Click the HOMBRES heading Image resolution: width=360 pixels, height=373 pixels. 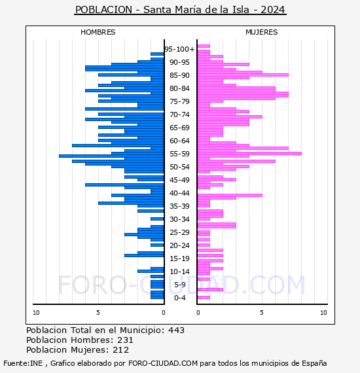pyautogui.click(x=98, y=32)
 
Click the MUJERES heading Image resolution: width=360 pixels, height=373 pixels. pyautogui.click(x=262, y=32)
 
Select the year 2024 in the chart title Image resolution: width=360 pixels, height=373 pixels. pyautogui.click(x=273, y=10)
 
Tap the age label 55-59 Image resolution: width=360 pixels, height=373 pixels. pyautogui.click(x=179, y=154)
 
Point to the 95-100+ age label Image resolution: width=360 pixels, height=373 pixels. pyautogui.click(x=179, y=49)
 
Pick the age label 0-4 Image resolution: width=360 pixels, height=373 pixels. pyautogui.click(x=180, y=298)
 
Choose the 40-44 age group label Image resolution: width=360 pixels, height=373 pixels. pyautogui.click(x=179, y=193)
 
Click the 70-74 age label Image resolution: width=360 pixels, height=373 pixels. pyautogui.click(x=179, y=115)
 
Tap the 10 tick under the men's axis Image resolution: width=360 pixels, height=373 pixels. pyautogui.click(x=36, y=313)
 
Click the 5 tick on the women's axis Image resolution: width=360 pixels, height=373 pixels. pyautogui.click(x=262, y=313)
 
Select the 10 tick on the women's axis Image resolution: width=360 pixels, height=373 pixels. pyautogui.click(x=323, y=313)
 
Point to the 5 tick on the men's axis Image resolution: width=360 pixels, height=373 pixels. pyautogui.click(x=98, y=313)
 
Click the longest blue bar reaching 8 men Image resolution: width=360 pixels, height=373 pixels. pyautogui.click(x=111, y=156)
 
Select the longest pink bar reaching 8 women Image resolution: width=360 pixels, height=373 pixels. pyautogui.click(x=249, y=153)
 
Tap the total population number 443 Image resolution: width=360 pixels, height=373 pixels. pyautogui.click(x=176, y=330)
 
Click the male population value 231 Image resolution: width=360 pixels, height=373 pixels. pyautogui.click(x=125, y=340)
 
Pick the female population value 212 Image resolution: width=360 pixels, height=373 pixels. pyautogui.click(x=121, y=350)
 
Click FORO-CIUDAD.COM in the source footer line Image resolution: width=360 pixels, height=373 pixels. pyautogui.click(x=163, y=363)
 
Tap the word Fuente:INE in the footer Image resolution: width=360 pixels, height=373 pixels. pyautogui.click(x=23, y=363)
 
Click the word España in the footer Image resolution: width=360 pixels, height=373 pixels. pyautogui.click(x=314, y=363)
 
